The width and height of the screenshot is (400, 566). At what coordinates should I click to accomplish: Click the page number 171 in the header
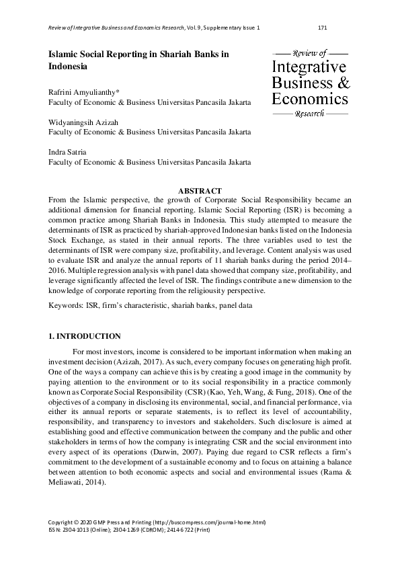pyautogui.click(x=322, y=28)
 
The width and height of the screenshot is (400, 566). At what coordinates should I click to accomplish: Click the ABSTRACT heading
pyautogui.click(x=200, y=192)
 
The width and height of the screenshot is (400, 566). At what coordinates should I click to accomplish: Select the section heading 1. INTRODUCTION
pyautogui.click(x=85, y=336)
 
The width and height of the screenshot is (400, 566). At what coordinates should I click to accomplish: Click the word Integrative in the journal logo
pyautogui.click(x=309, y=67)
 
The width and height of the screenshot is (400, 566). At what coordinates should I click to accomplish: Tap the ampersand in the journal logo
pyautogui.click(x=343, y=83)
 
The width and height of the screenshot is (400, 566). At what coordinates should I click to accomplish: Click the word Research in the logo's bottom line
pyautogui.click(x=309, y=114)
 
